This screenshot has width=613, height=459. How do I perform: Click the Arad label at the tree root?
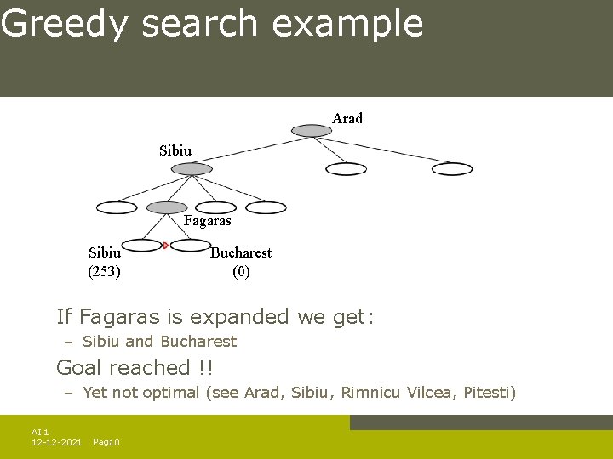pyautogui.click(x=347, y=119)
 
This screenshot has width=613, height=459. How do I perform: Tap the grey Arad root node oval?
pyautogui.click(x=312, y=131)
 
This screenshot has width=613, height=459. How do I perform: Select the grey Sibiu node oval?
pyautogui.click(x=192, y=169)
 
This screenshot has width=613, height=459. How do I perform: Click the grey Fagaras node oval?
pyautogui.click(x=167, y=207)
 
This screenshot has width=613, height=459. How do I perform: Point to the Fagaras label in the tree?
pyautogui.click(x=208, y=221)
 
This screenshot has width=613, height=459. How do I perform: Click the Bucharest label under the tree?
pyautogui.click(x=241, y=252)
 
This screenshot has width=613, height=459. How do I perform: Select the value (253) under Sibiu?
pyautogui.click(x=105, y=272)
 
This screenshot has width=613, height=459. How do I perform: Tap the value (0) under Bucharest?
pyautogui.click(x=242, y=272)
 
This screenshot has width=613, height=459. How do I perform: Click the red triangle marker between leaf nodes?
pyautogui.click(x=166, y=246)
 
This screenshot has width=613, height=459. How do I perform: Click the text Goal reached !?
pyautogui.click(x=135, y=368)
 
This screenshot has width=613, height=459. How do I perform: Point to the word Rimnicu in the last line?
pyautogui.click(x=370, y=393)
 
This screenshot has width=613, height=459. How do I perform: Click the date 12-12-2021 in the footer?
pyautogui.click(x=56, y=443)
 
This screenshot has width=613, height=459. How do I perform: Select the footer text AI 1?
pyautogui.click(x=40, y=433)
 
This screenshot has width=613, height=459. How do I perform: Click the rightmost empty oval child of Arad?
pyautogui.click(x=452, y=169)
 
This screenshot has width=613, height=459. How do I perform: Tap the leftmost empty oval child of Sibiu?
pyautogui.click(x=117, y=207)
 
